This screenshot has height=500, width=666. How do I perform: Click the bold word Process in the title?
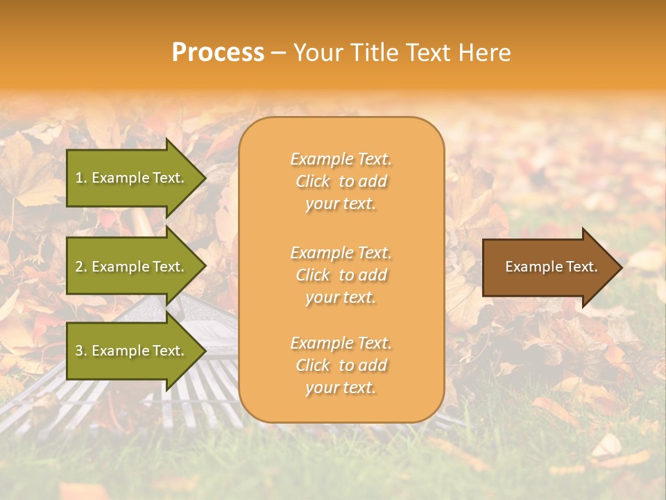pos(218,53)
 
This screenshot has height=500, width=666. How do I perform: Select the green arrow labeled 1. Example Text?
pos(132,178)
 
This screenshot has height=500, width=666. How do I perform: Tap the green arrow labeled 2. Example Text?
pos(132,267)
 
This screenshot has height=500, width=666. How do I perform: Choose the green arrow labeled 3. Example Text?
pos(132,351)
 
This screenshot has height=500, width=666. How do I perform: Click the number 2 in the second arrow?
pos(79,267)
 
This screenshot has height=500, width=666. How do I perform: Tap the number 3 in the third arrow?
pos(79,351)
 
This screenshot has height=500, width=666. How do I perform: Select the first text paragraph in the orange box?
pos(341,181)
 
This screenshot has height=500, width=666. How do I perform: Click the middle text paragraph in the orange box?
pos(341,275)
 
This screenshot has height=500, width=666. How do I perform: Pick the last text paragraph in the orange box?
pos(341,365)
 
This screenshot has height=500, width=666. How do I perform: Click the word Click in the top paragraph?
pos(313,181)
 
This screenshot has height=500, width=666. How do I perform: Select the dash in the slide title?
pos(278,53)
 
